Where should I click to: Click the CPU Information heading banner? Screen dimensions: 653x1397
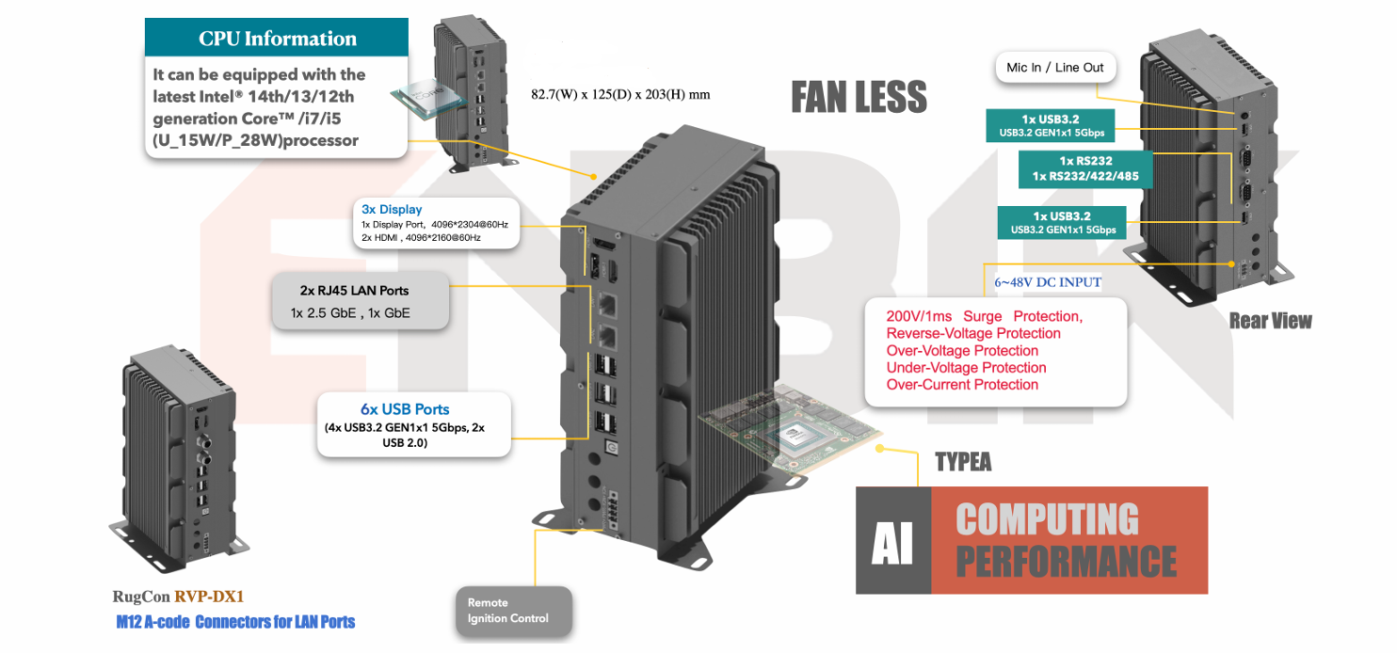point(277,39)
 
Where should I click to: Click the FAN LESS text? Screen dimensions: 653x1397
point(859,97)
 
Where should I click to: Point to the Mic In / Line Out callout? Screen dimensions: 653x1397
point(1054,68)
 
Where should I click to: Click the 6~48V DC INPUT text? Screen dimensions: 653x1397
point(1048,282)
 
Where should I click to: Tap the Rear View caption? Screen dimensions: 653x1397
point(1270,322)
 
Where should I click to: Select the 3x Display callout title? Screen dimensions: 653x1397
point(392,209)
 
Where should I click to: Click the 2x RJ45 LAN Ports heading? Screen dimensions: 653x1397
point(354,290)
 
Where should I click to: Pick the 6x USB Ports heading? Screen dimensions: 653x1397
point(405,409)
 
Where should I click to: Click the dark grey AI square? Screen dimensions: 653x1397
point(892,540)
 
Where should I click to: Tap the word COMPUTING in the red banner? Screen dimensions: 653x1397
point(1047,519)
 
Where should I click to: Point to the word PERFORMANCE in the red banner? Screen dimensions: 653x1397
point(1066,561)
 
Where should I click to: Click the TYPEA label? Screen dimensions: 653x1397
point(962,462)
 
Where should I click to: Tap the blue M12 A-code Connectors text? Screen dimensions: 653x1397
point(235,622)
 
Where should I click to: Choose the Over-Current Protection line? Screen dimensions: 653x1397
point(962,385)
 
